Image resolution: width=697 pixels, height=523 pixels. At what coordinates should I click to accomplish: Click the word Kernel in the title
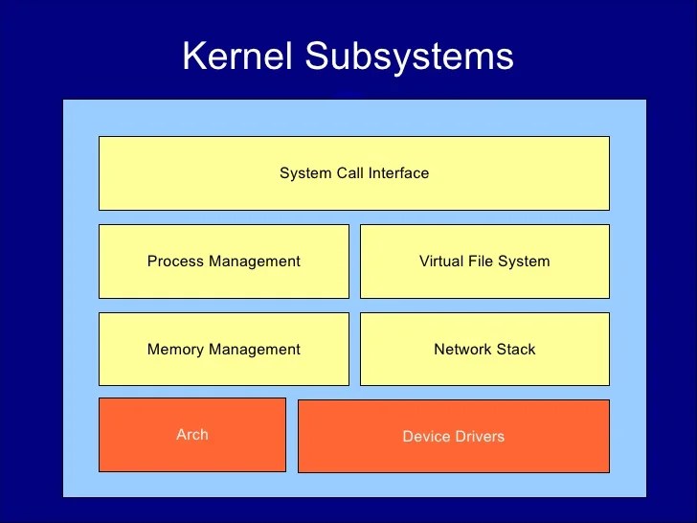(239, 57)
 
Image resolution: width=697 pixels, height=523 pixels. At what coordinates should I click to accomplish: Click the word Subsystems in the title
(410, 57)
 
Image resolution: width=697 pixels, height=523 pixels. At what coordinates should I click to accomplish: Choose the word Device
(424, 437)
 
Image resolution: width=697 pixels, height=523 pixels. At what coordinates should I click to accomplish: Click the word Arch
(191, 434)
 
